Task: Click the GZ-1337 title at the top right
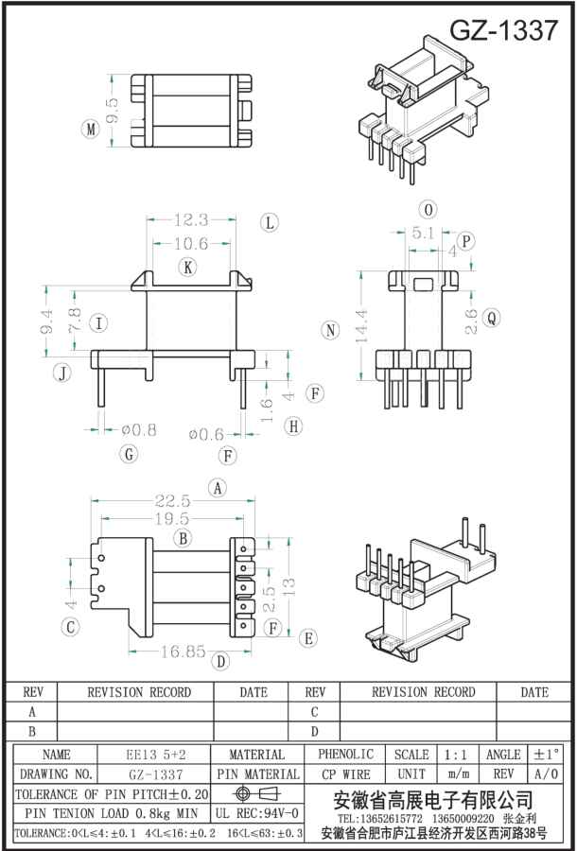503,30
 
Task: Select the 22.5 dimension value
173,502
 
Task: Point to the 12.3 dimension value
190,220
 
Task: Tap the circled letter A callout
219,488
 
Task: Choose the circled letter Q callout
491,319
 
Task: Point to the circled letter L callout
270,223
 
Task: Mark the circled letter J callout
61,372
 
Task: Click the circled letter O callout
428,209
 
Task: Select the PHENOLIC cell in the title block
345,755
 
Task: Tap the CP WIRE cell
345,774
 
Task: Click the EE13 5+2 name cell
156,755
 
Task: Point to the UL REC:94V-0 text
257,813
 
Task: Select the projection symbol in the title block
257,792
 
